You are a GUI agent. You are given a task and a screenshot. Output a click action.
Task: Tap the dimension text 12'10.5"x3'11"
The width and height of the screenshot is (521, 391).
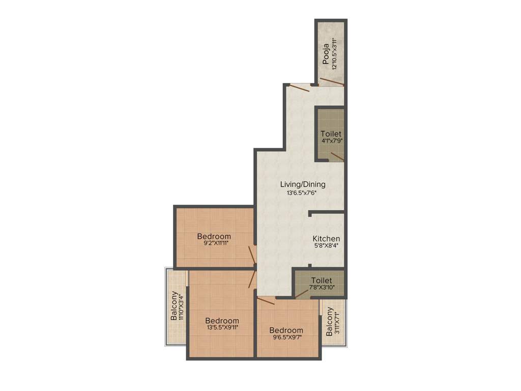(x=334, y=54)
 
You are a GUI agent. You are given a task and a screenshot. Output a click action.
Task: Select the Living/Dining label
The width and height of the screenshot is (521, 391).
(x=303, y=184)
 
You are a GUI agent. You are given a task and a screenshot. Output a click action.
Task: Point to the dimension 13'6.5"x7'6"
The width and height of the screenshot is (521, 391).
(x=303, y=193)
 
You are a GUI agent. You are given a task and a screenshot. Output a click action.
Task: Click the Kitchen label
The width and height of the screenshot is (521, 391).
(x=326, y=238)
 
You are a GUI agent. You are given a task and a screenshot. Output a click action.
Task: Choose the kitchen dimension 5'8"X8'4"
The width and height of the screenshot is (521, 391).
(x=326, y=245)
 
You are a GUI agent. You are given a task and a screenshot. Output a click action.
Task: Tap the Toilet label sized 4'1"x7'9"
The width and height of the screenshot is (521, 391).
(x=331, y=133)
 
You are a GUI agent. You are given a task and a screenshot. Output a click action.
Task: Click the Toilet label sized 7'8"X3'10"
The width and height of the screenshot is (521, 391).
(x=322, y=281)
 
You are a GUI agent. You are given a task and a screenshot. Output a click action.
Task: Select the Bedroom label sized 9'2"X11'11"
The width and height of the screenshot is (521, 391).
(x=214, y=236)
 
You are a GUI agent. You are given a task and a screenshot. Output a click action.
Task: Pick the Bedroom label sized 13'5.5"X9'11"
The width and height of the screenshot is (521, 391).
(x=222, y=320)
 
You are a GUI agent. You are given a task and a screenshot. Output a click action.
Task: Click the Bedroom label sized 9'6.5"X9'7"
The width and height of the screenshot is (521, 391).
(x=286, y=330)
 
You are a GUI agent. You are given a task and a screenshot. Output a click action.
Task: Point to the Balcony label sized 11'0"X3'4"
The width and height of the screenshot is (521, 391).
(x=175, y=305)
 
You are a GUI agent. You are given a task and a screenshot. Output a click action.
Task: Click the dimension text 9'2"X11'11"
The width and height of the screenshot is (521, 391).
(x=214, y=243)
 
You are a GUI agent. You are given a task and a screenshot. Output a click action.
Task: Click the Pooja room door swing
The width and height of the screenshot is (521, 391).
(x=331, y=81)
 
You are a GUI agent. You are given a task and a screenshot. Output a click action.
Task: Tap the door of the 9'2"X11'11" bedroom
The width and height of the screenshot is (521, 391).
(x=252, y=255)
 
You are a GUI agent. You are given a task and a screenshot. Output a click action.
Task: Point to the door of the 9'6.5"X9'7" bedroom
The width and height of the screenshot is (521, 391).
(x=266, y=302)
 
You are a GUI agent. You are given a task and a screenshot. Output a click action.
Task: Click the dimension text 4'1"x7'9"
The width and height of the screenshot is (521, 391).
(x=331, y=140)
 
